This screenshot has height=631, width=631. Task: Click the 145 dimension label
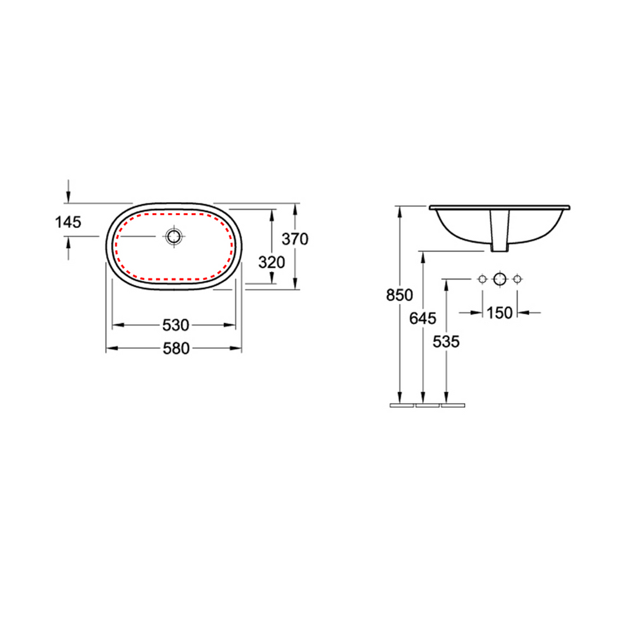[x=68, y=222]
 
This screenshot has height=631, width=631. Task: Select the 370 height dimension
[x=295, y=239]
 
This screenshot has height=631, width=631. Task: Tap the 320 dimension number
[x=272, y=263]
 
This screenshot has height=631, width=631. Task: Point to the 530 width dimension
[x=176, y=325]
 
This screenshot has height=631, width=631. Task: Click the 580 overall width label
[x=176, y=349]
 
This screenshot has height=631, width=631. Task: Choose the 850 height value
[x=399, y=295]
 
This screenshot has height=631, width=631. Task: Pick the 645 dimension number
[x=423, y=319]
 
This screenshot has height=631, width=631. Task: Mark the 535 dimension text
[x=446, y=342]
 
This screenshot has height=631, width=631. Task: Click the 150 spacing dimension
[x=499, y=312]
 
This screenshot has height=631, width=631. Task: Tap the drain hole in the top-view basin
[x=174, y=237]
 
